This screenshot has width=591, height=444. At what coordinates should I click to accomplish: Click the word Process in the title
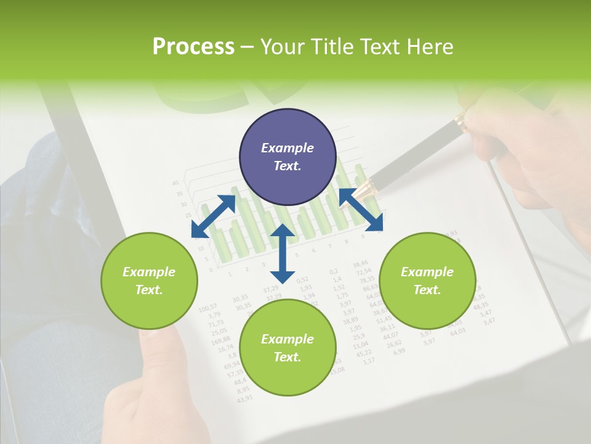coord(193,47)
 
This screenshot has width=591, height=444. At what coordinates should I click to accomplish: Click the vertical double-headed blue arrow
coord(283,253)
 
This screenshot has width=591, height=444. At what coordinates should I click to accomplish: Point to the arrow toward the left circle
coord(213,216)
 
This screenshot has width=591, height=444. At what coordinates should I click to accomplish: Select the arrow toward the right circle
coord(361,209)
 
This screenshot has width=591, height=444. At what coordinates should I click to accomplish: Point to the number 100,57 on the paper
coord(208,307)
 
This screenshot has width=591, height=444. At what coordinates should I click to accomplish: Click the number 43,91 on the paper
coord(244,398)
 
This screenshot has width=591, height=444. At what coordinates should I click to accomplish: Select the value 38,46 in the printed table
coord(360,264)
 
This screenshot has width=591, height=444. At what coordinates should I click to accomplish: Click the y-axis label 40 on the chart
coord(175,183)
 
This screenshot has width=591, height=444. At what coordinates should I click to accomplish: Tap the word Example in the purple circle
coord(287,148)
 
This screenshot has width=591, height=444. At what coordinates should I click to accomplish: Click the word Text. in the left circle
coord(149,290)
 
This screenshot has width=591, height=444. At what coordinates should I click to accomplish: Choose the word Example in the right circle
coord(427,272)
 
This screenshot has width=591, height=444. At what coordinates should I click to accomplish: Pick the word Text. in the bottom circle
coord(287,357)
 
